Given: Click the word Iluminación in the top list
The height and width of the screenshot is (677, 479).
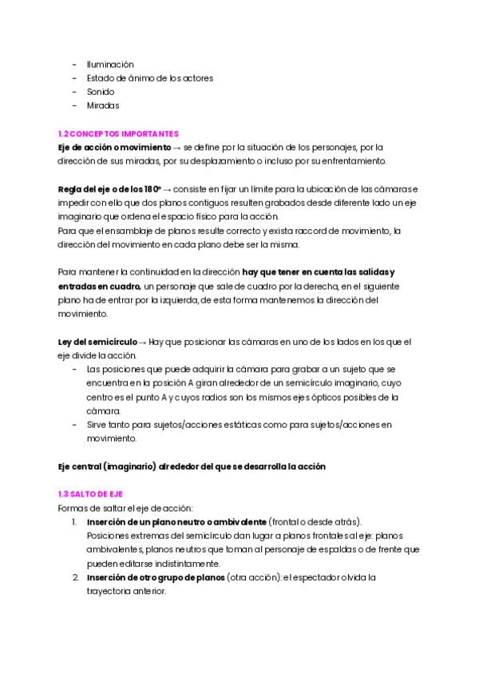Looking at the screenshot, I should coord(110,64).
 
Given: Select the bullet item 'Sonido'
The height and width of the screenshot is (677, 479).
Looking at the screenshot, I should coord(101,92).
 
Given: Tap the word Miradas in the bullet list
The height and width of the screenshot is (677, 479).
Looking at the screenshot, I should coord(103,105).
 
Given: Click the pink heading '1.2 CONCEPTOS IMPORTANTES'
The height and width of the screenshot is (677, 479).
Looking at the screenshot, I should coord(119,133).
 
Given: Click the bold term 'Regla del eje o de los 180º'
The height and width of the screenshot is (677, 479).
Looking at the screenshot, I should coord(109,188).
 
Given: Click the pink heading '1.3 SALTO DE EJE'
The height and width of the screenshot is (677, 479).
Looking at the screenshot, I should coord(91,494).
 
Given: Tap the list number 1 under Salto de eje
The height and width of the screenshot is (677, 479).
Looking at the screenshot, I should coord(74,521).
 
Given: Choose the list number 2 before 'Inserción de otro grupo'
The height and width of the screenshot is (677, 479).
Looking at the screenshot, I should coord(75,577).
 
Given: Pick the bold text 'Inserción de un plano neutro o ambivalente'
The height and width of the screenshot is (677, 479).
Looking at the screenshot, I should coord(176,521).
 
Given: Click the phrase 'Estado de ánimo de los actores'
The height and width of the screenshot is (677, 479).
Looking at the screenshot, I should coord(149,78).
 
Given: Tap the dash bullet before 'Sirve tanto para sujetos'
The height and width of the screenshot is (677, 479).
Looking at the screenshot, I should coord(75,425).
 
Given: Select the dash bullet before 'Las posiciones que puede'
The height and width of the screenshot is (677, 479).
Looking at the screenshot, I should coord(75,370).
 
